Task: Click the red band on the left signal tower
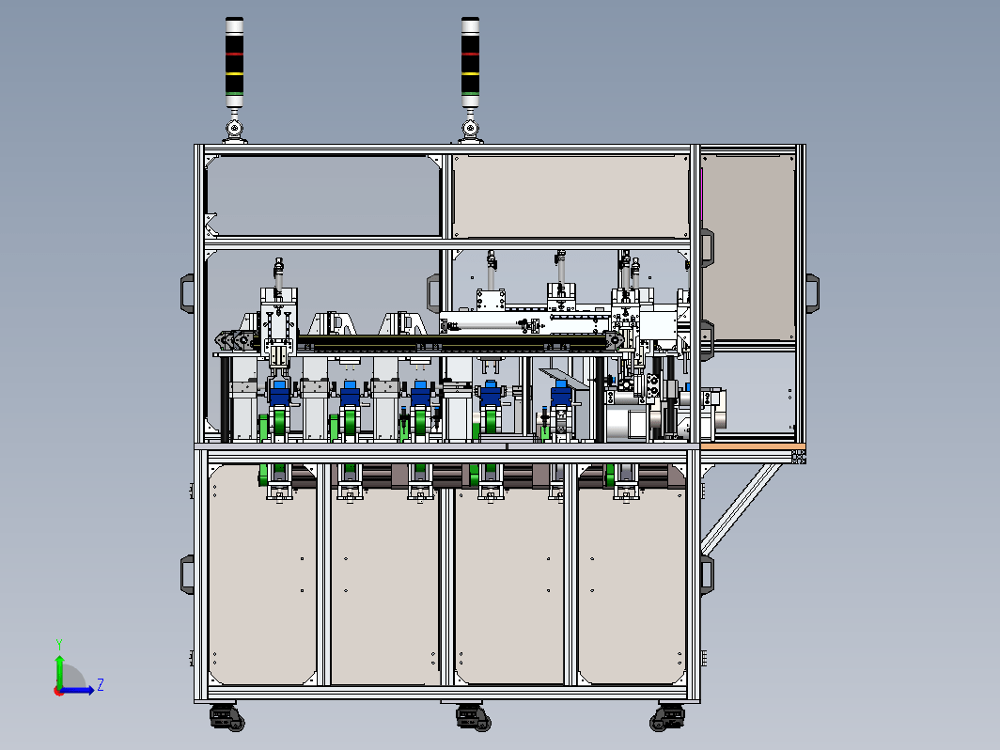coord(235,55)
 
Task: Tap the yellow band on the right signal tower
coord(470,74)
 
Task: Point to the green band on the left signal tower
coord(235,94)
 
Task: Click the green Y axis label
coord(58,644)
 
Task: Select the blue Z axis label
coord(101,685)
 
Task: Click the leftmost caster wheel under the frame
coord(227,717)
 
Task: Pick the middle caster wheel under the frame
coord(474,717)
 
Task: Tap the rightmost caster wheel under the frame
coord(667,717)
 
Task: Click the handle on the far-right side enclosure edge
coord(813,293)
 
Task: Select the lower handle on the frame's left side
coord(188,574)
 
